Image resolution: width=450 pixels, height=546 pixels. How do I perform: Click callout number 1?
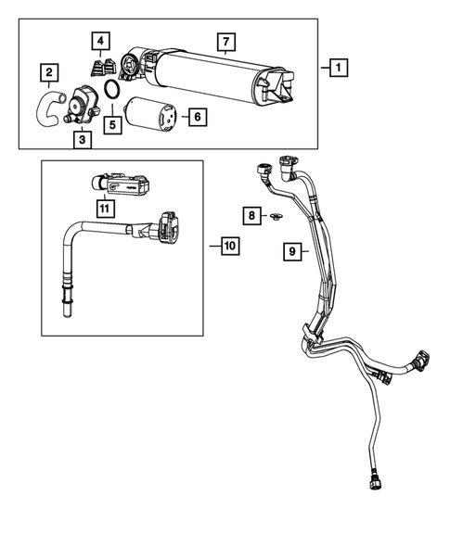[x=338, y=68]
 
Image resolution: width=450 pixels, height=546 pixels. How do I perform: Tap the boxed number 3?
[x=83, y=140]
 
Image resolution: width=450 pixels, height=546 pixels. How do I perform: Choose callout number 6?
[x=196, y=117]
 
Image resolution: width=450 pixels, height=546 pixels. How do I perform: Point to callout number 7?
[x=224, y=43]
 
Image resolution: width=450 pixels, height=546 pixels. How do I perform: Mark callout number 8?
[x=251, y=215]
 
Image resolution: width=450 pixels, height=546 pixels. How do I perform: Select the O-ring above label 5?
[x=111, y=91]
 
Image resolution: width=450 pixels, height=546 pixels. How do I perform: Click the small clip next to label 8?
[x=275, y=218]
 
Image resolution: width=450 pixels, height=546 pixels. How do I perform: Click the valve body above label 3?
[x=86, y=102]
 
